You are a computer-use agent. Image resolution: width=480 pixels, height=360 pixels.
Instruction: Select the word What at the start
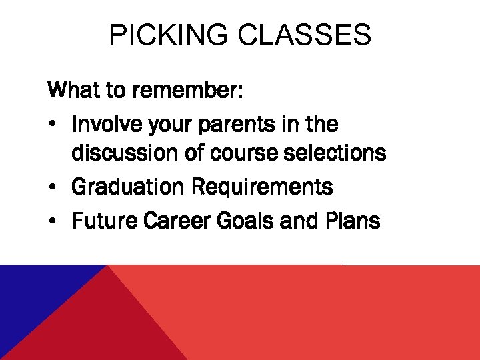point(73,89)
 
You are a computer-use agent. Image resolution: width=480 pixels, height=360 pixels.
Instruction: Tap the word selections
point(337,153)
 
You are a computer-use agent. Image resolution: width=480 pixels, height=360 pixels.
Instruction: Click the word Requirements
point(262,188)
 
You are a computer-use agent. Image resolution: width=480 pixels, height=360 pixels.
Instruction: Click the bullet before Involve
point(53,125)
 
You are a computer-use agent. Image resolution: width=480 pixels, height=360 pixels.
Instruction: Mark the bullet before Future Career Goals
point(53,221)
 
